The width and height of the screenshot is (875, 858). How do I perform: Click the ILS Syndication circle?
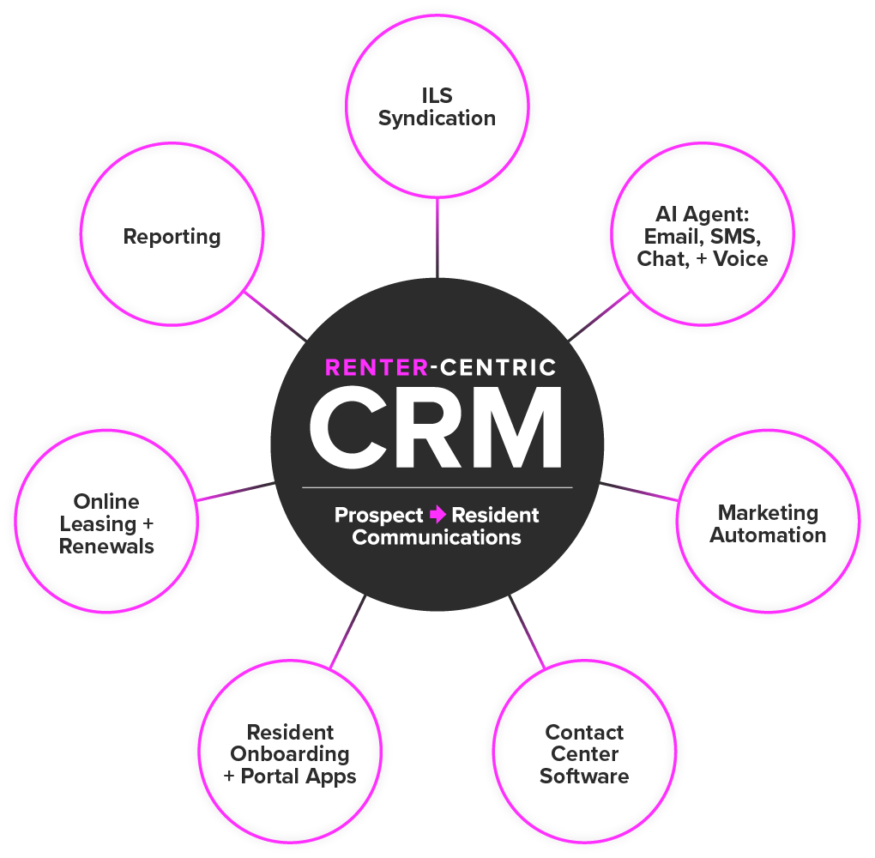[437, 107]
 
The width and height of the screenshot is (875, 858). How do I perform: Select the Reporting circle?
[172, 237]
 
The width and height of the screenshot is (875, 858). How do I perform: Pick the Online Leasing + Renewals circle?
[106, 523]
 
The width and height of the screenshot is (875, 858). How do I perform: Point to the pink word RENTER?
[376, 368]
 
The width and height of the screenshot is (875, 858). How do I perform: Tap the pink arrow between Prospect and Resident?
[438, 515]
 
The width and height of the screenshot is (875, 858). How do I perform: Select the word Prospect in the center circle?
[378, 515]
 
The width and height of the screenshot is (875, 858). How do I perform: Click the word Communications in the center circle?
[437, 538]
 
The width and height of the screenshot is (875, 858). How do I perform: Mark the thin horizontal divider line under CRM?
[437, 487]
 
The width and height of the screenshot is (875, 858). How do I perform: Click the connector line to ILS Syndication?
[437, 235]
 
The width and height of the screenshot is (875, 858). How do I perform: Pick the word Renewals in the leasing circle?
[106, 545]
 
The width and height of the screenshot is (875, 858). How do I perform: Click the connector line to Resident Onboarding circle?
[348, 631]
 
